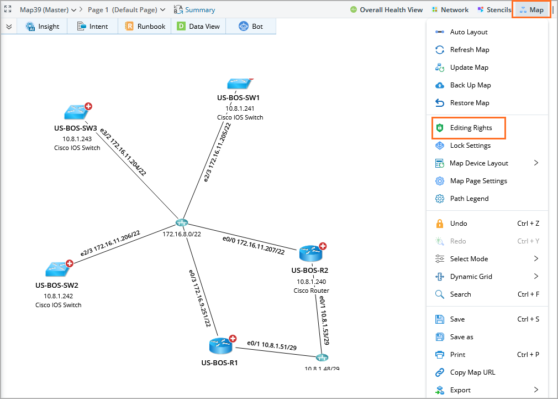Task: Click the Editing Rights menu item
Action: coord(470,128)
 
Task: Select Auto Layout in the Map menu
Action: coord(468,32)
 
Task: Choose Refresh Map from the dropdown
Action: coord(469,50)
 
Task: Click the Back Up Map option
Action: coord(470,85)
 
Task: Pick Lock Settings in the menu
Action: coord(470,146)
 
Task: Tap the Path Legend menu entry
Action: coord(469,199)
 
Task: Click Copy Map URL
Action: coord(472,372)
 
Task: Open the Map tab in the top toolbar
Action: coord(531,10)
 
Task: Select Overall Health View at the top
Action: coord(386,10)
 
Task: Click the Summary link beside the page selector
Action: coord(194,10)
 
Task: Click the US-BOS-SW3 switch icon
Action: coord(75,112)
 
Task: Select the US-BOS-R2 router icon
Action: coord(310,254)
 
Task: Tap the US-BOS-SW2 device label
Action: coord(57,286)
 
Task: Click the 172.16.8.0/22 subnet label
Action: coord(181,234)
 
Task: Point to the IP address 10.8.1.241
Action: coord(240,108)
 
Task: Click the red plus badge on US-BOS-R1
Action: coord(233,339)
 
